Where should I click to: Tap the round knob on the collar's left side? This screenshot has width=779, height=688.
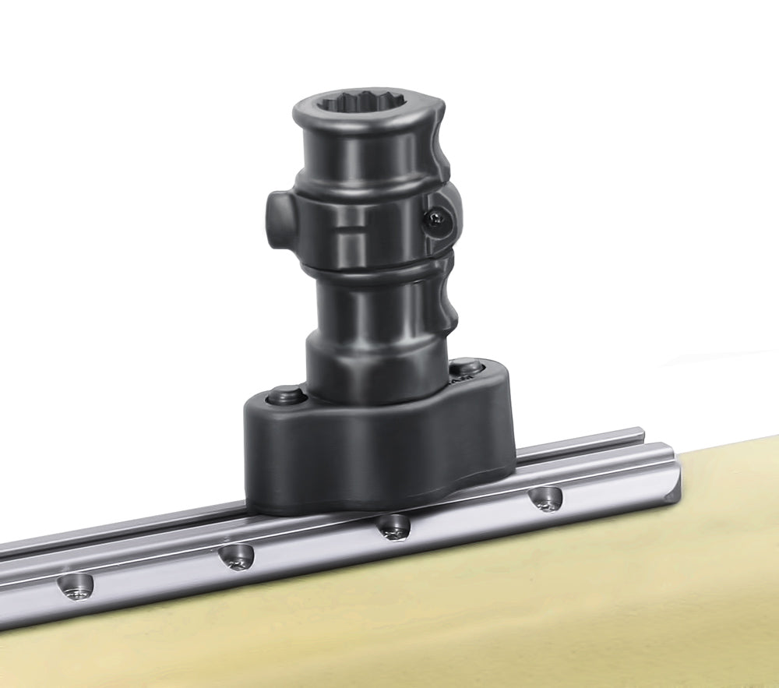tap(278, 221)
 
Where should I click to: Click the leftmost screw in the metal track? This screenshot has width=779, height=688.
tap(77, 587)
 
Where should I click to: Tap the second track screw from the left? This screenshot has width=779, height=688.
tap(235, 556)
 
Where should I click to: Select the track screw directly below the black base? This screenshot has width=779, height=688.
tap(393, 527)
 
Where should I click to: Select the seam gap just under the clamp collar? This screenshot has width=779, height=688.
tap(366, 267)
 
